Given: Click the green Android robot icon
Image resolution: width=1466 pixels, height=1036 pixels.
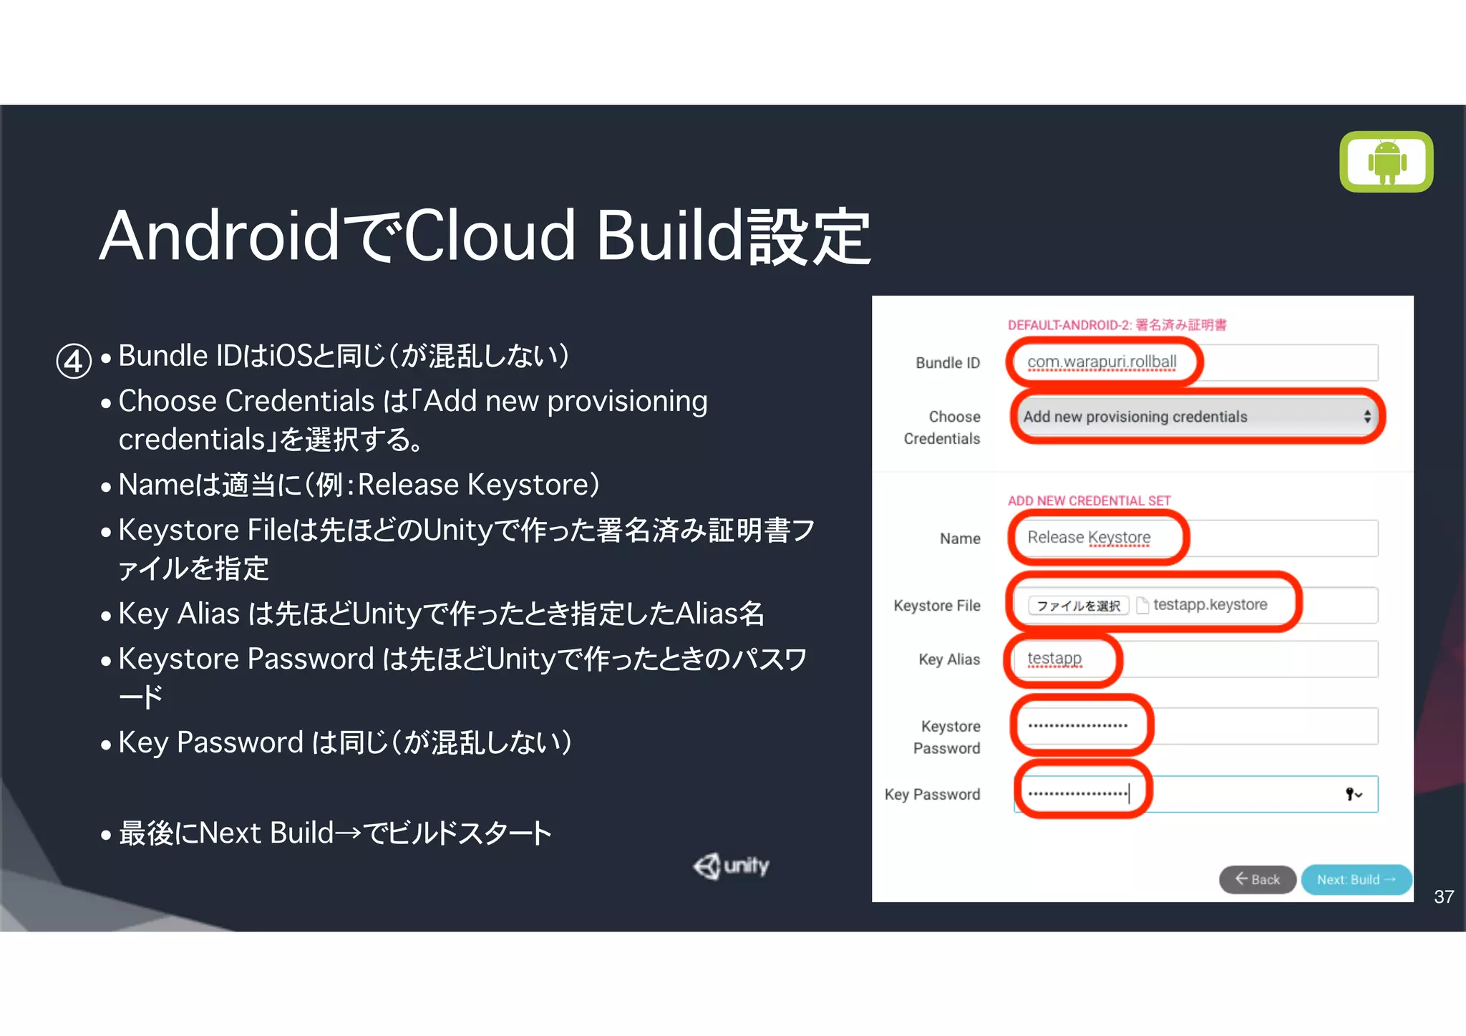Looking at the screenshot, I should (x=1387, y=161).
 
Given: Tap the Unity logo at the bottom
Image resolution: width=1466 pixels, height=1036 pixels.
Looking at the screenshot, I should (x=732, y=866).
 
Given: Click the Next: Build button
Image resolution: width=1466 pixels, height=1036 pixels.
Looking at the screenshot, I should (x=1355, y=879).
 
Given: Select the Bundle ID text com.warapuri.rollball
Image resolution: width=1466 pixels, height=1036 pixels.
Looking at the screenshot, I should (x=1101, y=362).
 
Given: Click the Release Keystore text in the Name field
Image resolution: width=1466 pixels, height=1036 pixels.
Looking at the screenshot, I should (x=1089, y=537).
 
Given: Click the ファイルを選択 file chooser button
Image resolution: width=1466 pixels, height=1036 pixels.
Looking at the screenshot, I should (x=1078, y=606).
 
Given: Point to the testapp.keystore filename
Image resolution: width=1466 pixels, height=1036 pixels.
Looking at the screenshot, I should (x=1210, y=605).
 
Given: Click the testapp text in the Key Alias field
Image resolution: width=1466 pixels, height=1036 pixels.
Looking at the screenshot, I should (x=1054, y=658).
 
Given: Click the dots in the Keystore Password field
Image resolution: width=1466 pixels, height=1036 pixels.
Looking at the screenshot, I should (x=1077, y=725).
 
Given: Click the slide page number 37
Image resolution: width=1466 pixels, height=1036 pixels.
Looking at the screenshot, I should (x=1443, y=896).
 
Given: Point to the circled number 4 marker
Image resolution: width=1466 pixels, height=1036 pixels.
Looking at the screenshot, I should (x=74, y=361).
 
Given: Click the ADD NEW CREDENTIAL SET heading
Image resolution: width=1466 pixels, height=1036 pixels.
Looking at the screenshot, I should (x=1089, y=500).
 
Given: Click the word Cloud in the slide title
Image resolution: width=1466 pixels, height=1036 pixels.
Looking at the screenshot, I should (x=490, y=236).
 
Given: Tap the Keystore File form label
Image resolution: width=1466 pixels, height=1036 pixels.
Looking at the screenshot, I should (x=936, y=606).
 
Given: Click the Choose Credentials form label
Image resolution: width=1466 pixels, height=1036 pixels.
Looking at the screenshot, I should (x=942, y=427).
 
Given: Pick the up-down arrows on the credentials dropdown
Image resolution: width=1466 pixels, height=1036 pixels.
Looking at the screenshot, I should (x=1367, y=417).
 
